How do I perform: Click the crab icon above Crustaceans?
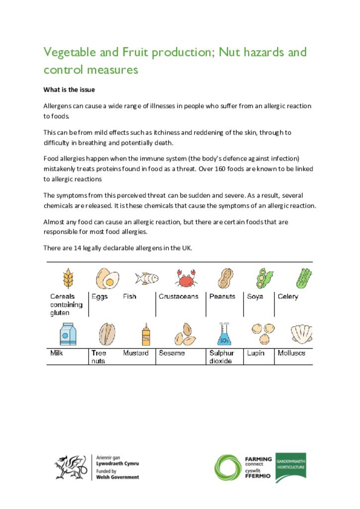coord(185,278)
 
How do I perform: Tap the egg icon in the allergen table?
coord(107,278)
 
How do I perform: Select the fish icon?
coord(147,278)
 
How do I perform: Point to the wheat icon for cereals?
coord(68,278)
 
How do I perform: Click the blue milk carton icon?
coord(68,334)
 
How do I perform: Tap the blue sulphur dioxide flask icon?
coord(224,334)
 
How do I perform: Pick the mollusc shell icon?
coord(302,334)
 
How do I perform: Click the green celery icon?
coord(304,278)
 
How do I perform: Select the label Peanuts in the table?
coord(222,297)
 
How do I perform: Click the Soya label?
coord(255,297)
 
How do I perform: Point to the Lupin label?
coord(256,353)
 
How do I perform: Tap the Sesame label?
coord(172,353)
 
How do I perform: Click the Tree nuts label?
coord(98,357)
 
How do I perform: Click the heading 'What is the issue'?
coord(69,90)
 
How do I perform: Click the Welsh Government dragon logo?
coord(70,468)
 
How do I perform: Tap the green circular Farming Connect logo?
coord(228,468)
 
